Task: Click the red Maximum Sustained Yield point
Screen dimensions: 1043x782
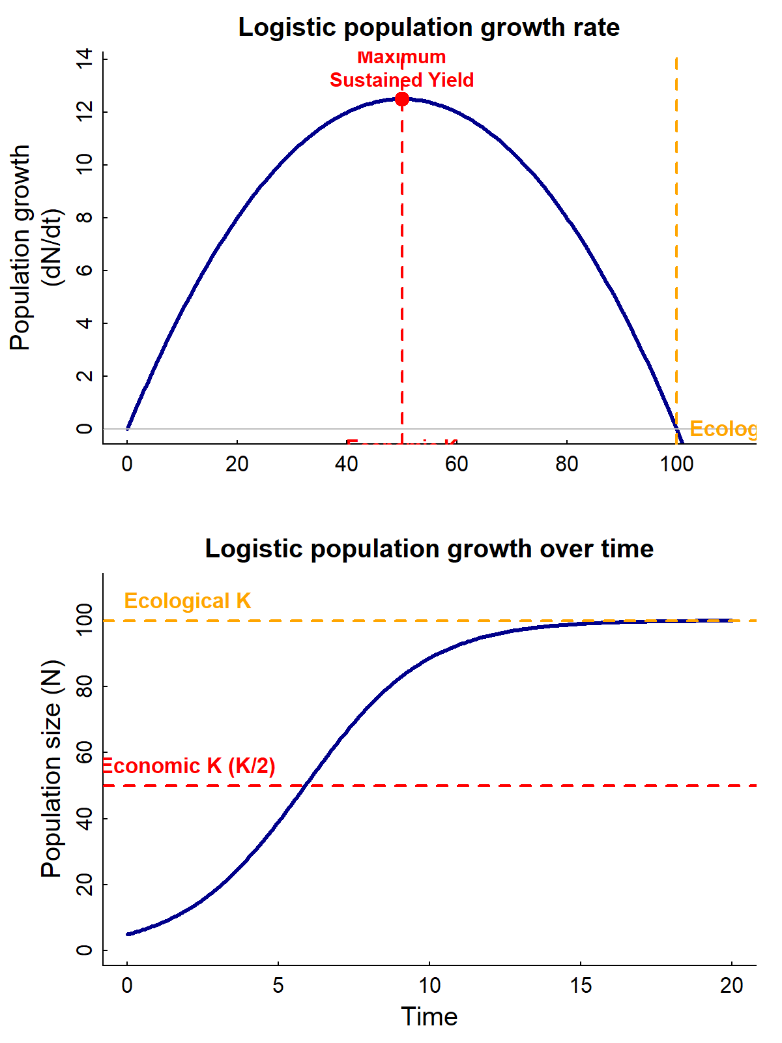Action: (x=402, y=99)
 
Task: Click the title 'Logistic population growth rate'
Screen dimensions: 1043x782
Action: (x=429, y=27)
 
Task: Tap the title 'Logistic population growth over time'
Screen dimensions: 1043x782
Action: (x=429, y=549)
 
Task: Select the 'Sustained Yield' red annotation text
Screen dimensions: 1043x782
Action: (x=401, y=80)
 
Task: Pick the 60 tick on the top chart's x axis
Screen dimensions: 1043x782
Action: (x=457, y=464)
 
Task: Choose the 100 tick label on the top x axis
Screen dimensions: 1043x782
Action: (x=676, y=464)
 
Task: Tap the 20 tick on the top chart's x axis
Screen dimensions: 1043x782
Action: (x=237, y=464)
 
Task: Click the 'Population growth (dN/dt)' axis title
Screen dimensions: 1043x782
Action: (x=36, y=248)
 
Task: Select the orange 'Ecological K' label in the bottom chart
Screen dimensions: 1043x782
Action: (x=187, y=601)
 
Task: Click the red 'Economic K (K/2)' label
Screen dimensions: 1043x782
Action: (x=189, y=766)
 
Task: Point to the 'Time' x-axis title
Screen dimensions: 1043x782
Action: (x=429, y=1017)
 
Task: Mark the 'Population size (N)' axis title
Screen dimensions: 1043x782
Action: (x=51, y=769)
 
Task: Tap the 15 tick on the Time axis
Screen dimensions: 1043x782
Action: (x=581, y=985)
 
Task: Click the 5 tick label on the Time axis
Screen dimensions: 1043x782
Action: (x=278, y=985)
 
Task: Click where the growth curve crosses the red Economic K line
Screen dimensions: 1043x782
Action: (x=304, y=786)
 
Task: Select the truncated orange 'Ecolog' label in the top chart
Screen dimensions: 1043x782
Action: (x=723, y=429)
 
